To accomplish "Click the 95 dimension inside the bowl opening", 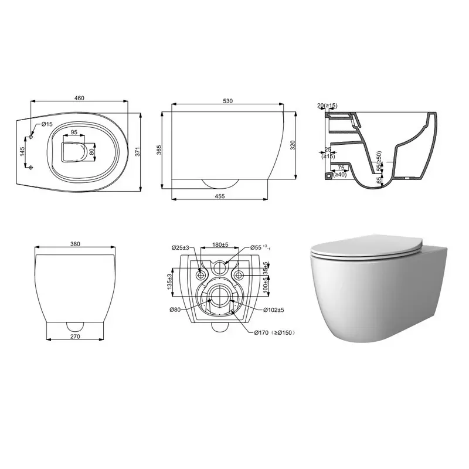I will tap(74, 132).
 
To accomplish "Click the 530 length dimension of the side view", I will tap(228, 101).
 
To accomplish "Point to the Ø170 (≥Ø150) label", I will tap(274, 332).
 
